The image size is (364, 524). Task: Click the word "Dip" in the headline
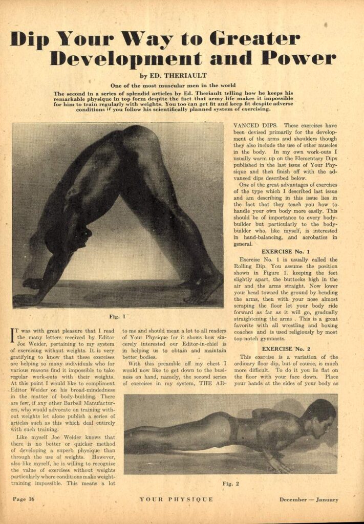[x=32, y=39]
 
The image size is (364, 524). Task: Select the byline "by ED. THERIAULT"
[x=182, y=75]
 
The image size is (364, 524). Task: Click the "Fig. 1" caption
[x=118, y=316]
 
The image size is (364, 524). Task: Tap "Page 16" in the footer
[x=24, y=500]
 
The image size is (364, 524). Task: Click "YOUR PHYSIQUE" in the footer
[x=176, y=500]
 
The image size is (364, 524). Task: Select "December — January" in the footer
[x=308, y=500]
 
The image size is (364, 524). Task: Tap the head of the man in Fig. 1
[x=79, y=238]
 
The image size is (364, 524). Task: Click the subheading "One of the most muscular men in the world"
[x=182, y=85]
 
